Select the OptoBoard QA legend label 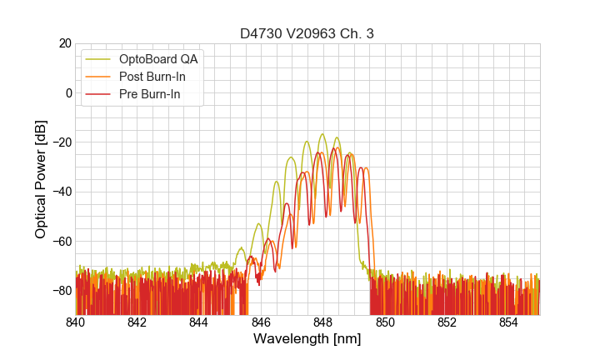coord(159,59)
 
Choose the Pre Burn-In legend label coord(150,95)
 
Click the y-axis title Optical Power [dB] coord(41,179)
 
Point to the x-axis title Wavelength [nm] coord(307,339)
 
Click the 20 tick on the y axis coord(63,43)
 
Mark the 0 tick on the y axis coord(67,92)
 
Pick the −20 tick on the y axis coord(60,142)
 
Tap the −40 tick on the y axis coord(60,192)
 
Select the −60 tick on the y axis coord(60,242)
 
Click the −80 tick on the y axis coord(60,291)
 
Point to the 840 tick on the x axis coord(75,322)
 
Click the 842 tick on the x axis coord(137,322)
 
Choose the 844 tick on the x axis coord(199,322)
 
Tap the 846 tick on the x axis coord(261,322)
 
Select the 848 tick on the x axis coord(322,322)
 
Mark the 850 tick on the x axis coord(385,322)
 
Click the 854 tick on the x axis coord(508,322)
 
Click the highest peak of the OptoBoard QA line coord(322,134)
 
